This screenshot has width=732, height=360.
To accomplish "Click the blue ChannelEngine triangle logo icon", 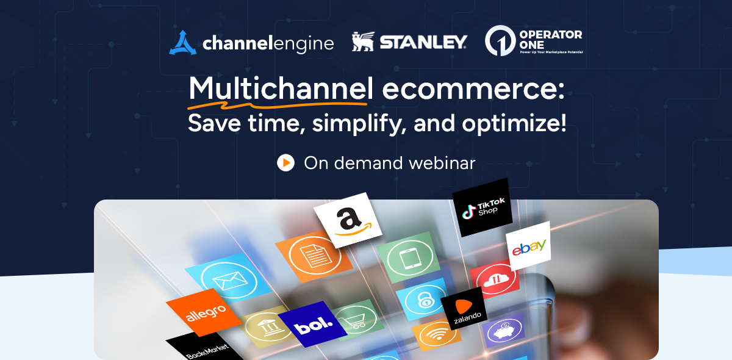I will (x=182, y=43).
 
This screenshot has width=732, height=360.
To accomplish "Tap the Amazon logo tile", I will (x=347, y=220).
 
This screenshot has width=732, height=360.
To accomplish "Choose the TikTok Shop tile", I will (x=481, y=207).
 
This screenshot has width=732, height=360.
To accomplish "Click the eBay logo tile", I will (x=528, y=246).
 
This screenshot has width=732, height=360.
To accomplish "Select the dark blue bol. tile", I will (x=313, y=324).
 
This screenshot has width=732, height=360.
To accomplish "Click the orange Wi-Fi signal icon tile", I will (x=437, y=336).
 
